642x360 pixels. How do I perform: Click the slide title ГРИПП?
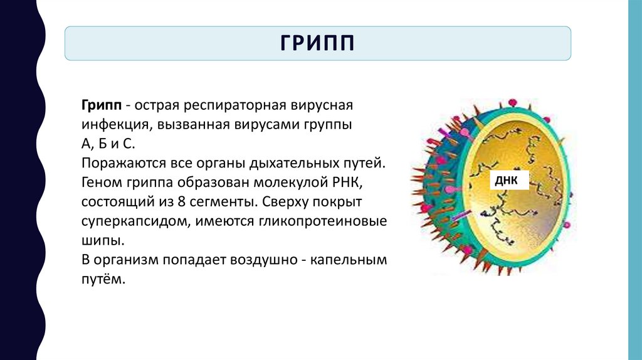317,43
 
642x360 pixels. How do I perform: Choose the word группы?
329,124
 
